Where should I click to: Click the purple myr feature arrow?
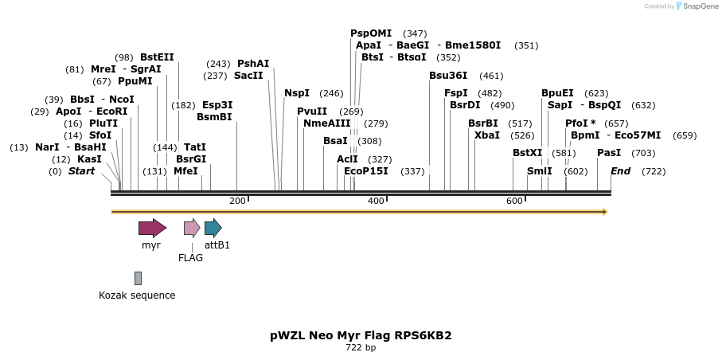(152, 228)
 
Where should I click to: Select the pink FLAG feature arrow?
(191, 228)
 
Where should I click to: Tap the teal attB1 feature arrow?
(213, 228)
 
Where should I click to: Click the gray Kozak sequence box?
(138, 278)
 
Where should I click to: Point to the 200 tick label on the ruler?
(237, 201)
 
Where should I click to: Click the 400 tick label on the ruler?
(376, 201)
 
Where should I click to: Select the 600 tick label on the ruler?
(514, 201)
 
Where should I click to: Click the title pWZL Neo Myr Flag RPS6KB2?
(361, 335)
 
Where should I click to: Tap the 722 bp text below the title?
(361, 348)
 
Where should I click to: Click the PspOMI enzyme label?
(371, 33)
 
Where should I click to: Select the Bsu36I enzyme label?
(448, 76)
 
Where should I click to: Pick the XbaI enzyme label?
(487, 135)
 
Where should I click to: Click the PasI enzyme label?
(609, 153)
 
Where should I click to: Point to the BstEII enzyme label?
(157, 57)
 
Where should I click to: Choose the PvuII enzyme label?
(312, 111)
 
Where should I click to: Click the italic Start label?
(81, 171)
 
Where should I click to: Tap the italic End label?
(621, 171)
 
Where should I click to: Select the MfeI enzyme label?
(185, 171)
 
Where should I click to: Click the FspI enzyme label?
(456, 93)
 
